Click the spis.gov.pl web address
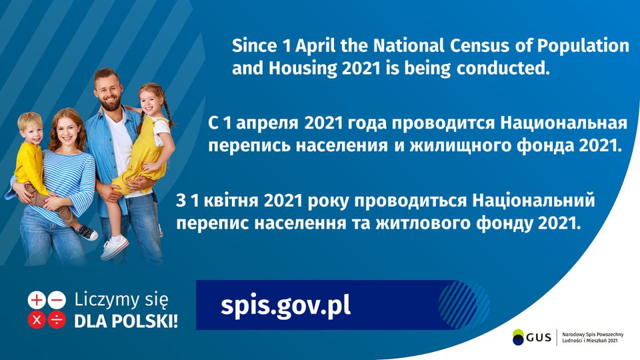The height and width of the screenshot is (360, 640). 285,306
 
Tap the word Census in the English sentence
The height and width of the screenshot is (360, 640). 479,45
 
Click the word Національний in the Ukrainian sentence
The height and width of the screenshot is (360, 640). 533,201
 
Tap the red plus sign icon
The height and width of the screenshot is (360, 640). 37,301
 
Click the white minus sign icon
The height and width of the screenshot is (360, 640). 57,301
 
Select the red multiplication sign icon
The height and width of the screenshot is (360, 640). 37,320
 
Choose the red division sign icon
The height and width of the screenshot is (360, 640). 57,320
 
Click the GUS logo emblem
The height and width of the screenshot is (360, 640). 519,337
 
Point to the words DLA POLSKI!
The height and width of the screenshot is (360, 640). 126,321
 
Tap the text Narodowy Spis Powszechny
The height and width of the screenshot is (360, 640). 593,335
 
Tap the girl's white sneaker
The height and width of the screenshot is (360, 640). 114,247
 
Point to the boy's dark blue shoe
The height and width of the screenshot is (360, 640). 87,232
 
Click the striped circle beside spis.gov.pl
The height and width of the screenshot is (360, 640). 464,305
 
